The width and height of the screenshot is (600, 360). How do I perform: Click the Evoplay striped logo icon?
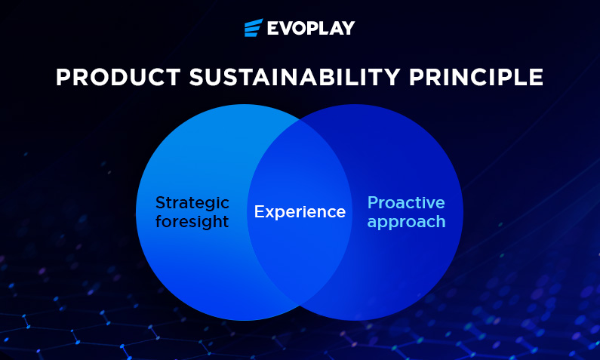254,27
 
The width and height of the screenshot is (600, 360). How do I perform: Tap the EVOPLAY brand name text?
311,28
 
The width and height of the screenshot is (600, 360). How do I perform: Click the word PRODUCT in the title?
118,77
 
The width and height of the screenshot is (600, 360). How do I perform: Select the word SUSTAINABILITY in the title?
294,77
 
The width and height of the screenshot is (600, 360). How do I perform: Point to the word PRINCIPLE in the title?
476,77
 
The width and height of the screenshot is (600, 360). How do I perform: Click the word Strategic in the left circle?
192,203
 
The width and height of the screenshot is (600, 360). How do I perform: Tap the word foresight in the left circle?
192,221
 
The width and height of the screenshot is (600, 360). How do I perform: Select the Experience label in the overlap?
300,211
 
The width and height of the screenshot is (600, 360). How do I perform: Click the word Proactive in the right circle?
406,202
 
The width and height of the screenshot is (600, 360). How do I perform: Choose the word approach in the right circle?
406,223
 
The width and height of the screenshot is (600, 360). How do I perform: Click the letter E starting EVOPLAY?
273,28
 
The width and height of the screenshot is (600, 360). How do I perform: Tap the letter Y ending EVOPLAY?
348,28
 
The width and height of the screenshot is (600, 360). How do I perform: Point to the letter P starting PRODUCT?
63,77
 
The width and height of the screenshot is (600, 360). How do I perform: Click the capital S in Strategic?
160,202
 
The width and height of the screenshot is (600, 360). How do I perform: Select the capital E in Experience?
260,211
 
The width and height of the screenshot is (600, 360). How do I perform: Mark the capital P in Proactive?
372,202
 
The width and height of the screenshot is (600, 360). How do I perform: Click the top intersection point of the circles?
300,120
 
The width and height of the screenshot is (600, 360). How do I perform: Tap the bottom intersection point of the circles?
300,305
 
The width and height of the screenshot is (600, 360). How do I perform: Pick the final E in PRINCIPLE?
536,77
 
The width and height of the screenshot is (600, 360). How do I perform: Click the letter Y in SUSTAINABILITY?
392,77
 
